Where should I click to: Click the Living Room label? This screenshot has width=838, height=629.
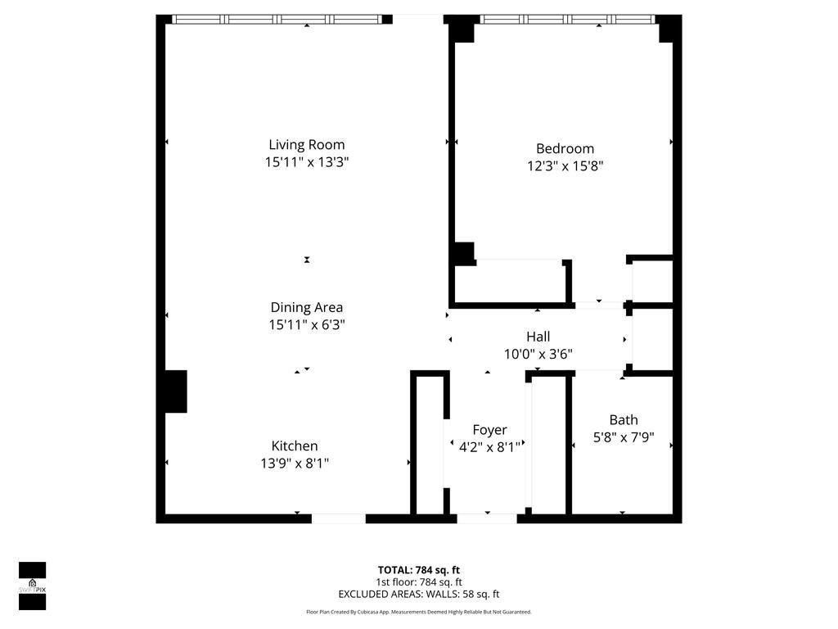(x=307, y=145)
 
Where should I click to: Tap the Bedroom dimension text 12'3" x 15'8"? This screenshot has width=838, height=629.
(x=565, y=165)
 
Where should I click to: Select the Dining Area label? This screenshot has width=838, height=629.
(x=307, y=307)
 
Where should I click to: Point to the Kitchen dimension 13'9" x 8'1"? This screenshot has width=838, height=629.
(x=295, y=463)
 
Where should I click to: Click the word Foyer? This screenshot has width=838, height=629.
(x=489, y=430)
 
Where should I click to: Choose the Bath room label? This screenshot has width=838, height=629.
(x=624, y=420)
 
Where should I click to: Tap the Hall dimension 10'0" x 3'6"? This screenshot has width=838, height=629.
(x=538, y=354)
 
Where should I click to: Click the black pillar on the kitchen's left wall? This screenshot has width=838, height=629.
(x=176, y=391)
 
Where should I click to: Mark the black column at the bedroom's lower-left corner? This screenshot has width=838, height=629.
(x=464, y=253)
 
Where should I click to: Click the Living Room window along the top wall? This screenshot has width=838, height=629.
(x=278, y=19)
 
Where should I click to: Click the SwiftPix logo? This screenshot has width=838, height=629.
(x=32, y=586)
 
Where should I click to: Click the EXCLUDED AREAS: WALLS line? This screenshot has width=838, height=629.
(x=418, y=595)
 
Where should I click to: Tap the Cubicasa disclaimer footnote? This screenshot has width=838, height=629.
(x=418, y=612)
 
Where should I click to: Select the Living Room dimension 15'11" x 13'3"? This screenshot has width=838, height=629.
(x=307, y=162)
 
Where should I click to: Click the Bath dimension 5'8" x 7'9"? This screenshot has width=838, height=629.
(x=624, y=437)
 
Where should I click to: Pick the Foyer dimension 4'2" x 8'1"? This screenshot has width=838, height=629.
(x=486, y=446)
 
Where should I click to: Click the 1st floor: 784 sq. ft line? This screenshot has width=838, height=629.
(x=418, y=582)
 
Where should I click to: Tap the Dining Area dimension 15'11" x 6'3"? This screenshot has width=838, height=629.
(x=307, y=324)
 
